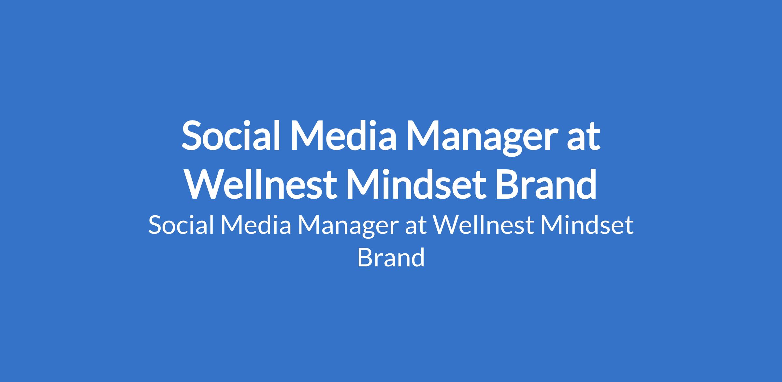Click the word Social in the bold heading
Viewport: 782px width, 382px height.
click(x=231, y=135)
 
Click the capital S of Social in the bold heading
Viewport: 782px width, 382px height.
click(x=192, y=135)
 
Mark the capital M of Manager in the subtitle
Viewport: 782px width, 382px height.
click(x=310, y=225)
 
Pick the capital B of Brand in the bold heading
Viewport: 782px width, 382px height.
click(x=508, y=183)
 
